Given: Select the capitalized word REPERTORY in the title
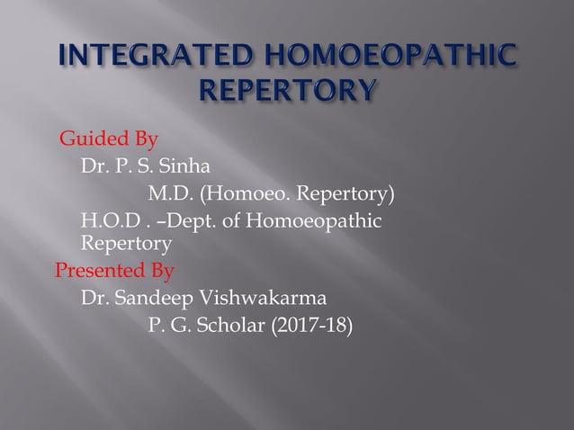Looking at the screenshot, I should tap(287, 91).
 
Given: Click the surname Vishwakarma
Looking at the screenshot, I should tap(248, 297).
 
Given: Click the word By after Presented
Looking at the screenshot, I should tap(163, 270).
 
